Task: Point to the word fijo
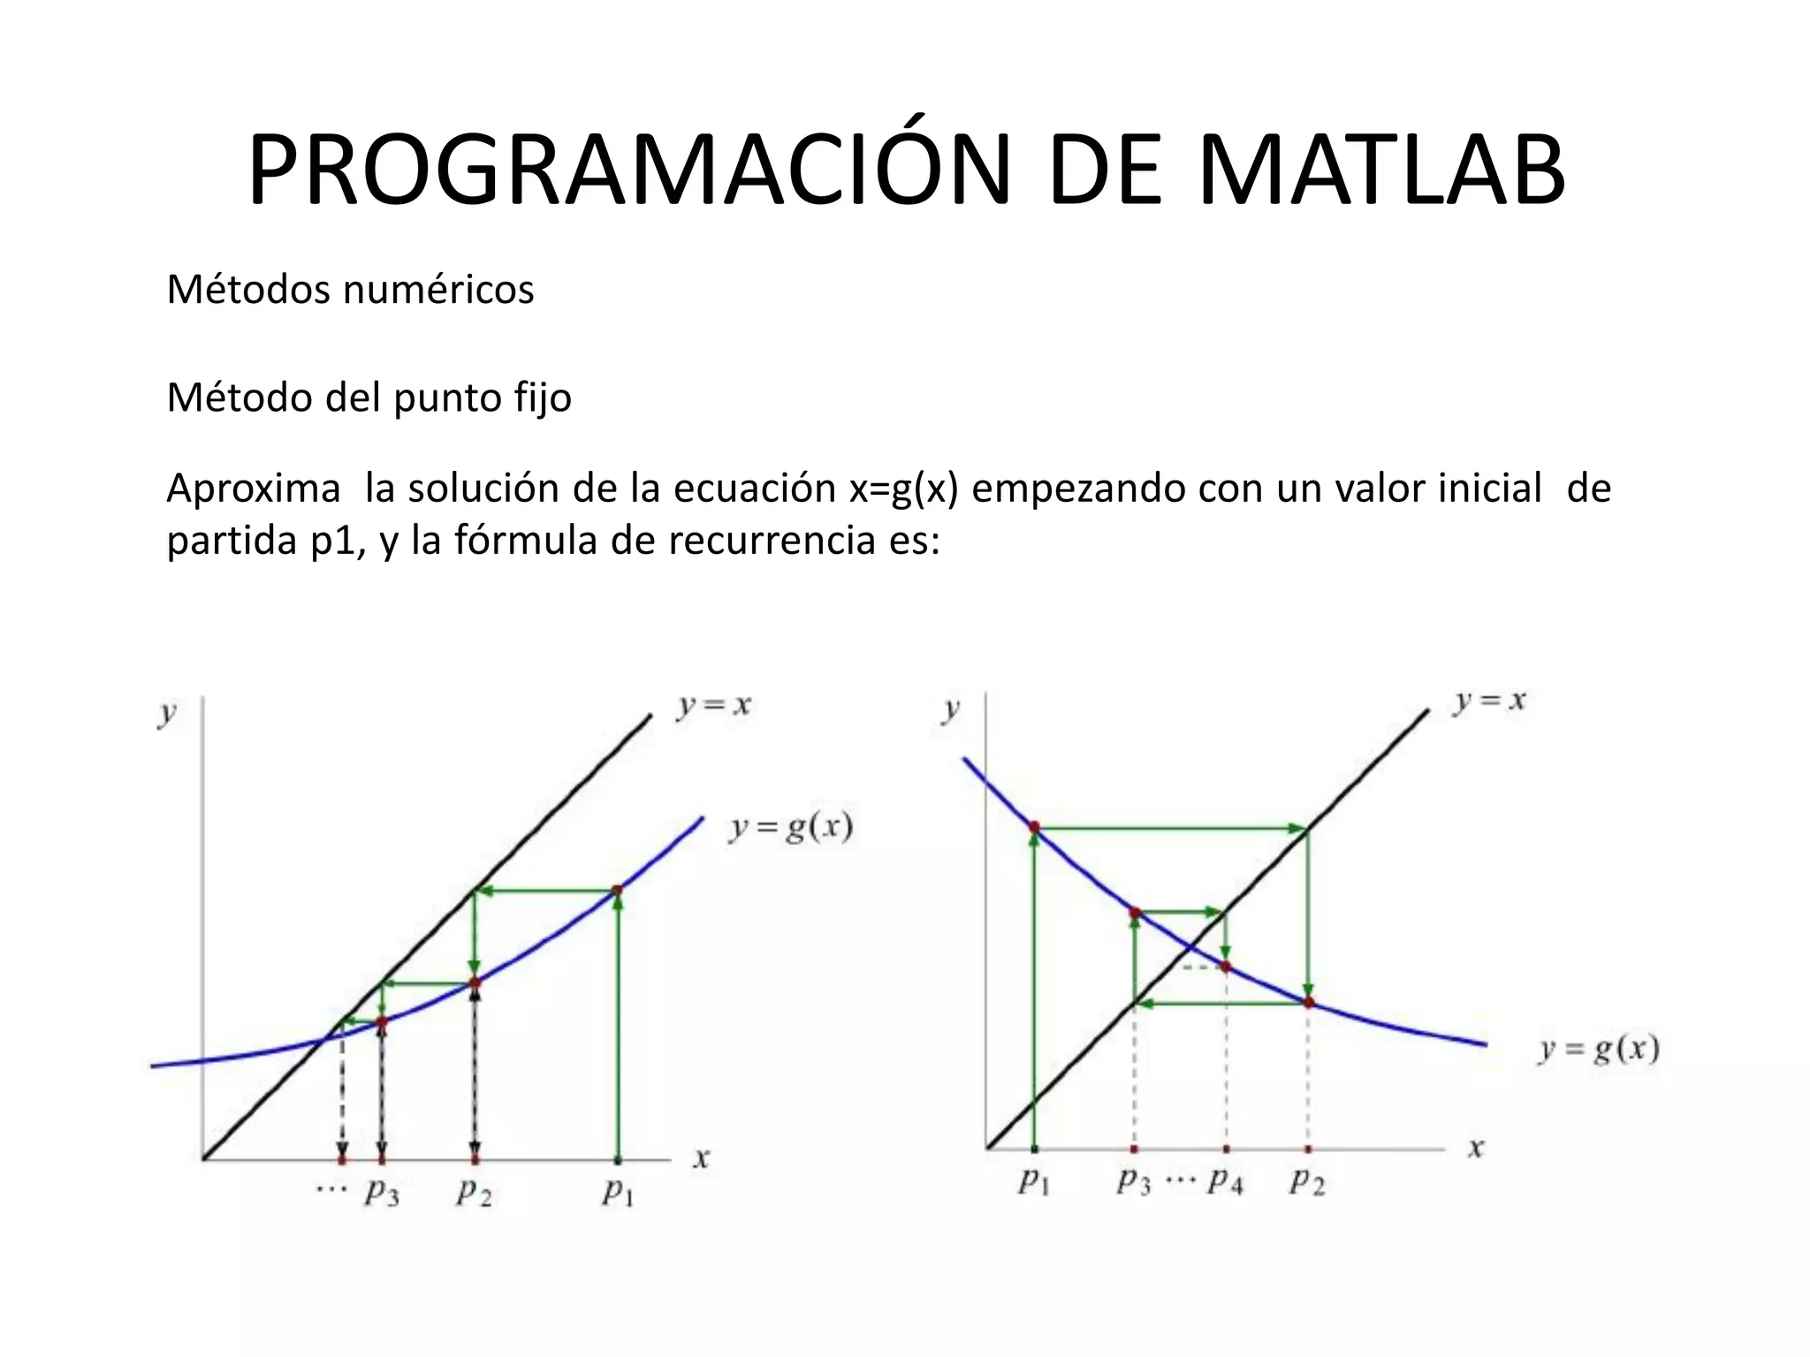[543, 398]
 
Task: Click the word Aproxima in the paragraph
[254, 489]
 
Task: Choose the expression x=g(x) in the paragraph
[903, 489]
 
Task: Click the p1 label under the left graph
[618, 1193]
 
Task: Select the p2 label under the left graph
[474, 1193]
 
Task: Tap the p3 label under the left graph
[382, 1193]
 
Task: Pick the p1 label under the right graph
[1033, 1181]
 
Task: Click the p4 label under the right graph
[1226, 1181]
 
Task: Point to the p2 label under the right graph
[1307, 1181]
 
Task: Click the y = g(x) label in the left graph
[791, 828]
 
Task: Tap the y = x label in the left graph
[714, 706]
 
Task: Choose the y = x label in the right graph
[1490, 701]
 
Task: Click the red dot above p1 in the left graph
[617, 891]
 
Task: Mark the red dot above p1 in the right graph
[1034, 828]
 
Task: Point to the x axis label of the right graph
[1475, 1149]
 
